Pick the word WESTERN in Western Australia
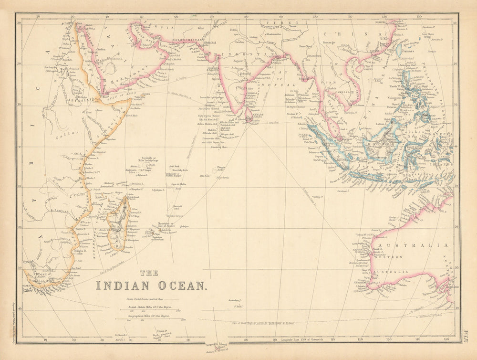(x=391, y=257)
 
